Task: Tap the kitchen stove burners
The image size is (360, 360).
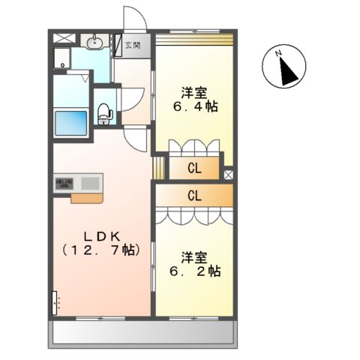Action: click(x=63, y=183)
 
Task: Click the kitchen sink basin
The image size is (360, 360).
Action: click(x=89, y=183)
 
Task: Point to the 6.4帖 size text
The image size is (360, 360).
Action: click(x=193, y=106)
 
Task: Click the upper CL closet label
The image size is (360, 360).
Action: click(x=194, y=168)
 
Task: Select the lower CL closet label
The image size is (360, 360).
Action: click(x=194, y=196)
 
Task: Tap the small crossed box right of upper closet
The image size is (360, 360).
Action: click(x=228, y=174)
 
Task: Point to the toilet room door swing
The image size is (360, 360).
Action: click(x=132, y=97)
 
